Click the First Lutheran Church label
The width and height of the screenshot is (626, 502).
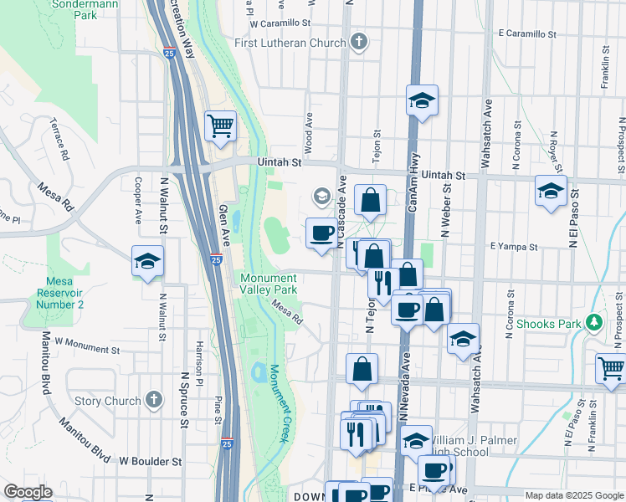coord(290,43)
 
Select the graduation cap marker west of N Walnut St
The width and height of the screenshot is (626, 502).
coord(147,261)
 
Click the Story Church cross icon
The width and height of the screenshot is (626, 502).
coord(153,401)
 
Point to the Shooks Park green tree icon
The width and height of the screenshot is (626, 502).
coord(593,322)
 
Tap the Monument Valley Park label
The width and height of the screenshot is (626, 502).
coord(269,284)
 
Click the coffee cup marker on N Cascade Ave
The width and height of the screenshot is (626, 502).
coord(321,233)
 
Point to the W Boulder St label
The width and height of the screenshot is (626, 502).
coord(150,461)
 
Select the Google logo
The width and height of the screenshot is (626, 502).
coord(27,492)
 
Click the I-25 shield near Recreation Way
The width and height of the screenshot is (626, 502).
coord(169,53)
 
